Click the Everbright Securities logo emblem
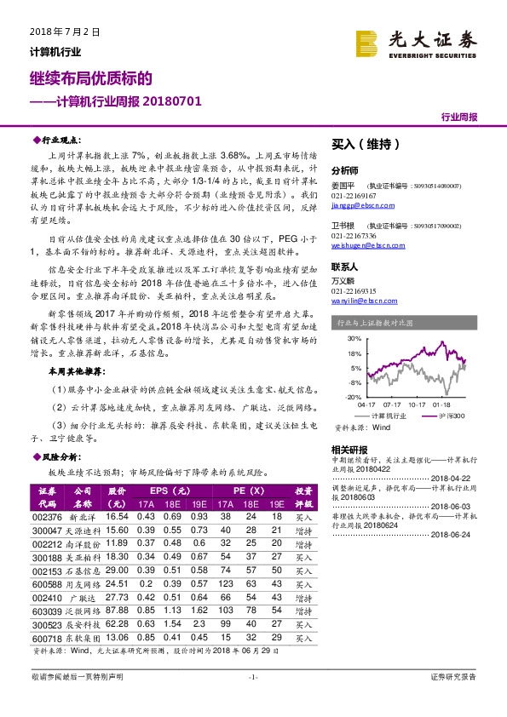point(368,42)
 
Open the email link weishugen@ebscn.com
point(361,248)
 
